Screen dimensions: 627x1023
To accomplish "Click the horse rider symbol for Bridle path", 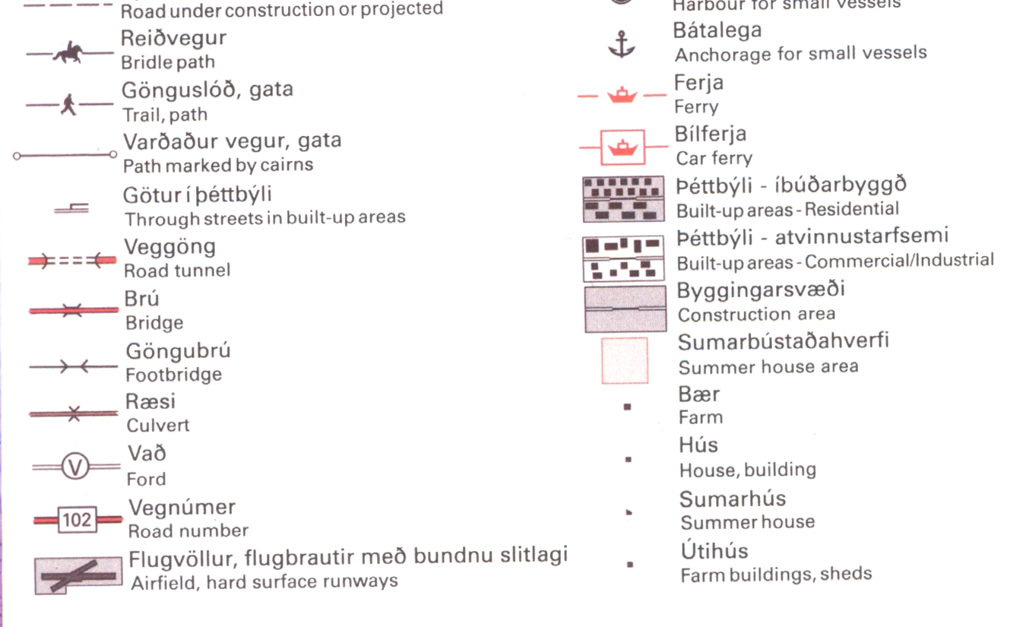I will coord(68,54).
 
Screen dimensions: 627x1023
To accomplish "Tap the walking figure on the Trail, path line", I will coord(68,104).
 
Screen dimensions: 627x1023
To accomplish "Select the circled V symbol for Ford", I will coord(75,466).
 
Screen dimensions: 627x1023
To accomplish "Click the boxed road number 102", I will coord(76,520).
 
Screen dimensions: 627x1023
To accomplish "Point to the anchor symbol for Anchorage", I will coord(621,45).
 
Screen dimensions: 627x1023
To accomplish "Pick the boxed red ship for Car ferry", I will coord(622,147).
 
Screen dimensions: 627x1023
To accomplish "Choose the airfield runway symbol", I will coord(78,575).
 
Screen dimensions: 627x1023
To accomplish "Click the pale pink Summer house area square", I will coord(625,360).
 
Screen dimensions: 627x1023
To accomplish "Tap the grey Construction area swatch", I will coord(615,309).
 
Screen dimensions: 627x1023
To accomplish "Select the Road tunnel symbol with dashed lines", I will coord(71,261).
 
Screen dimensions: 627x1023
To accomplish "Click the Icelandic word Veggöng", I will coord(169,247).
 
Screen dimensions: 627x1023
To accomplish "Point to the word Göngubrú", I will coord(178,352).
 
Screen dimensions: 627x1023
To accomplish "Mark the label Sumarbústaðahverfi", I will coord(783,341).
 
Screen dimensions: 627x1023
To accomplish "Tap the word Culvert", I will coord(158,426).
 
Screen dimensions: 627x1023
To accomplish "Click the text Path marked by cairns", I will coord(218,165).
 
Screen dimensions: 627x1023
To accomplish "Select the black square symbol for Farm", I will coord(627,407).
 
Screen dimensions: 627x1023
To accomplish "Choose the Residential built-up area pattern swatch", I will coord(622,199).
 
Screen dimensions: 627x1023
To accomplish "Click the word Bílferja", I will coord(711,135).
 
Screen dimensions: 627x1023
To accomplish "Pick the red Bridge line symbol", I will coord(73,310).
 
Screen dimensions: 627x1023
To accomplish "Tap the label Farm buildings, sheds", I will coord(776,575).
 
